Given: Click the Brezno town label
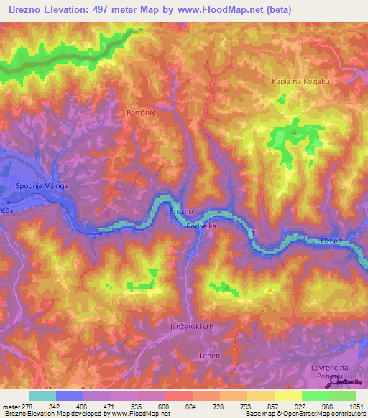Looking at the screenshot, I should pos(180,213).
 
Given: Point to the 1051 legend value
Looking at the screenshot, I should pos(356,406).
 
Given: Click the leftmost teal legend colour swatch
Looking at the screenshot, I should pos(42,396).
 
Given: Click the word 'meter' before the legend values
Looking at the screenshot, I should pos(11,406).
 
